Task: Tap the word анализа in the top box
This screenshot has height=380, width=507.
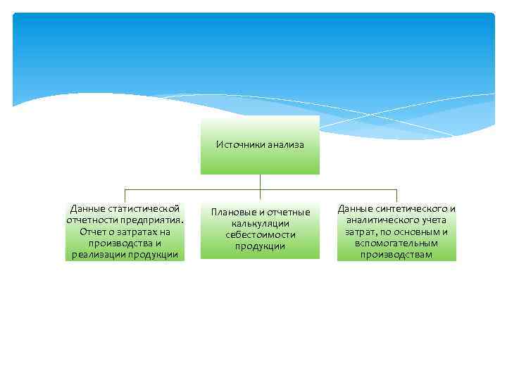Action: tap(284, 144)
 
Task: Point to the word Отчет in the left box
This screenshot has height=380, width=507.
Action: tap(94, 232)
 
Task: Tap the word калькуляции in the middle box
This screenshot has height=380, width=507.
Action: tap(260, 224)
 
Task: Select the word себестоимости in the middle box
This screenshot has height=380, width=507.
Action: tap(260, 235)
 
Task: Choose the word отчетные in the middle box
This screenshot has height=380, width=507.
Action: tap(290, 213)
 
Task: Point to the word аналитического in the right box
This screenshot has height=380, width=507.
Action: tap(385, 220)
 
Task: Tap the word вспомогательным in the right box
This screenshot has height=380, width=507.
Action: tap(396, 243)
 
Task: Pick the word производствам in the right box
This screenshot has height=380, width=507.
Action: tap(396, 255)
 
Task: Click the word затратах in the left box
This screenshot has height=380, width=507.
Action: tap(134, 232)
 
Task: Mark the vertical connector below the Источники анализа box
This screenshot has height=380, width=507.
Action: tap(260, 182)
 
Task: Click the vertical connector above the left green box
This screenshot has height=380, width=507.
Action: tap(125, 196)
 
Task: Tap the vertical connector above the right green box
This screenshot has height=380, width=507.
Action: tap(396, 196)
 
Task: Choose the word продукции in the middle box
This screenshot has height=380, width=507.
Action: tap(260, 246)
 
